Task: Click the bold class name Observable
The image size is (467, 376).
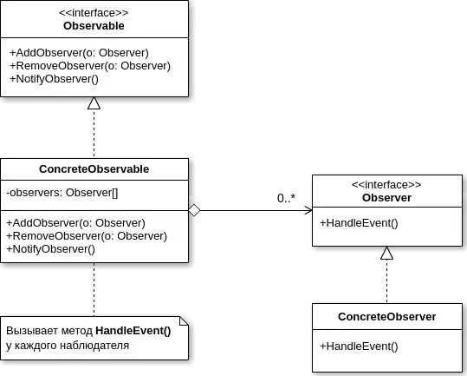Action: point(94,26)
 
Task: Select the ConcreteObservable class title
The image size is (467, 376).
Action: point(94,169)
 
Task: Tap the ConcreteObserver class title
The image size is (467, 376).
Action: point(387,317)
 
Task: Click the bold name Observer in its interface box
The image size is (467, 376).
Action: point(387,197)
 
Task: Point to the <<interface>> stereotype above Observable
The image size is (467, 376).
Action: point(94,13)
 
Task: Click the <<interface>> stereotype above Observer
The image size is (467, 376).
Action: point(387,185)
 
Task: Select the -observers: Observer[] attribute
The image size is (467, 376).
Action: point(62,193)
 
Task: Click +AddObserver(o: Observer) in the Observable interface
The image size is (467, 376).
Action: point(79,53)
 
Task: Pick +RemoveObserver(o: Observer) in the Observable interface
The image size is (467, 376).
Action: point(90,66)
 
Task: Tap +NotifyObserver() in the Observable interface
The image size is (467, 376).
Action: point(55,79)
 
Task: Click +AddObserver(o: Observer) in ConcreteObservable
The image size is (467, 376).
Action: point(76,223)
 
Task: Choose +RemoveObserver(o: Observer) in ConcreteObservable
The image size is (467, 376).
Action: point(87,236)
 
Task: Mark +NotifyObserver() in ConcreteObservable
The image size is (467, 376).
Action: point(50,249)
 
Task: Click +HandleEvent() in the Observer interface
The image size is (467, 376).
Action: point(359,223)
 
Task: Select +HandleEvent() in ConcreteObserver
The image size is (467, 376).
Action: point(359,346)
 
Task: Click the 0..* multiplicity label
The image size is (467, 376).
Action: point(286,198)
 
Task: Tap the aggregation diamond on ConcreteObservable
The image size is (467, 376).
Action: point(194,210)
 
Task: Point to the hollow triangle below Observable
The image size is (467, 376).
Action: point(94,103)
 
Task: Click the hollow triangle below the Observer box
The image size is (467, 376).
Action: point(387,253)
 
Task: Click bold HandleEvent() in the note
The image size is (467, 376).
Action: point(133,331)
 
